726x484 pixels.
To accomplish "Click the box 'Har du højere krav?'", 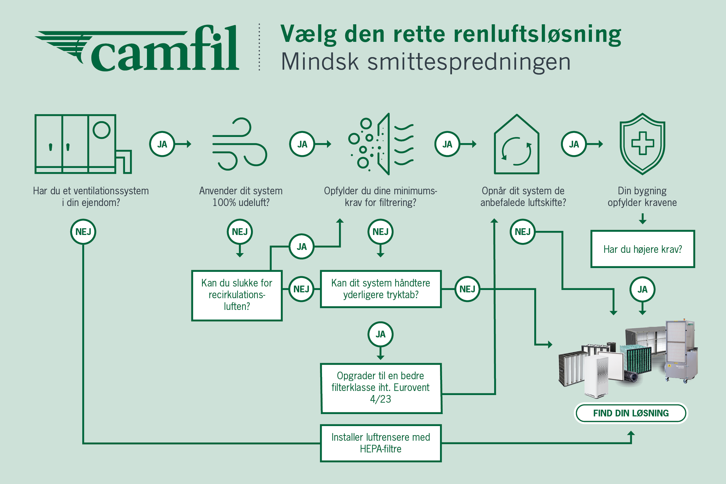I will coord(642,249).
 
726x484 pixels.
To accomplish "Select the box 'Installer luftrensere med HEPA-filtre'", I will coord(381,443).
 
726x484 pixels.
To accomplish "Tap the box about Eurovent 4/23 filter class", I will coord(381,388).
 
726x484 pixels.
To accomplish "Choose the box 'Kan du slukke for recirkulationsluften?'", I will coord(237,295).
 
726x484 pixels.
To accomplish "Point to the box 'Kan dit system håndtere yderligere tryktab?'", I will coord(381,289).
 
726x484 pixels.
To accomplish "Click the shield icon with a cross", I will coord(642,144).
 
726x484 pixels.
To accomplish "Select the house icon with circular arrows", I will coord(516,145).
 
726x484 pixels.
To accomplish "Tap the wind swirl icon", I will coord(240,144).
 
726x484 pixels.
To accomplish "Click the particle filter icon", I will coord(381,144).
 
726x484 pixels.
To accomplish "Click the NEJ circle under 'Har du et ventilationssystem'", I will coord(83,232).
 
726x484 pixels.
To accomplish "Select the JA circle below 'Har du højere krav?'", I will coord(642,289).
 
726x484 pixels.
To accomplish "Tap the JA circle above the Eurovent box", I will coord(381,334).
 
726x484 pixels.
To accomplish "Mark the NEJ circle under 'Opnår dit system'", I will coord(523,232).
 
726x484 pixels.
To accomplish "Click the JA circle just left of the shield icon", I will coord(574,144).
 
